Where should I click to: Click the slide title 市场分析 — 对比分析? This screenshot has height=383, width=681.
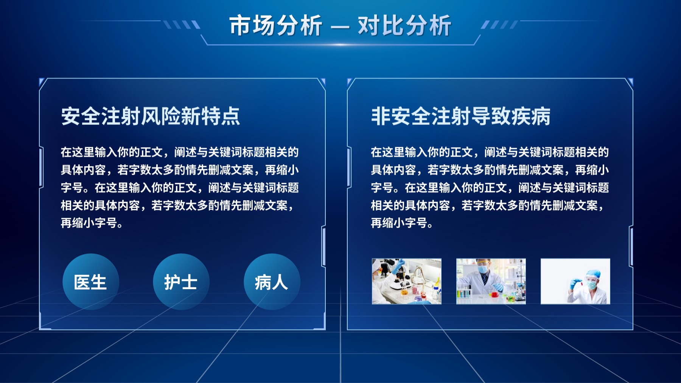click(340, 26)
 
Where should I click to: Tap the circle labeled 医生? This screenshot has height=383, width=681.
click(90, 282)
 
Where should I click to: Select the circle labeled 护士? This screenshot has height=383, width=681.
click(181, 282)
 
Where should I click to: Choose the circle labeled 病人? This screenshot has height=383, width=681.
click(272, 282)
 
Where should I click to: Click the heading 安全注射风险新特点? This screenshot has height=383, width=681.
click(151, 116)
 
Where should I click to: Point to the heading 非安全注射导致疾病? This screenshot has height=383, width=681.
click(460, 116)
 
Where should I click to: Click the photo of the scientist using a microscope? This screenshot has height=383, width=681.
click(407, 281)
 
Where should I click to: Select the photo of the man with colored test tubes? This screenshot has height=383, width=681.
click(491, 281)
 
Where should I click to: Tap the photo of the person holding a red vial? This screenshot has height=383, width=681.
click(575, 281)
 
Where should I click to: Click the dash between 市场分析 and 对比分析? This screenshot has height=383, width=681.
click(340, 27)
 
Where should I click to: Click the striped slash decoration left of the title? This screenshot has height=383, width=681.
click(182, 25)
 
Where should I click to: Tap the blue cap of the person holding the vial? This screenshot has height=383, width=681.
click(593, 274)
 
